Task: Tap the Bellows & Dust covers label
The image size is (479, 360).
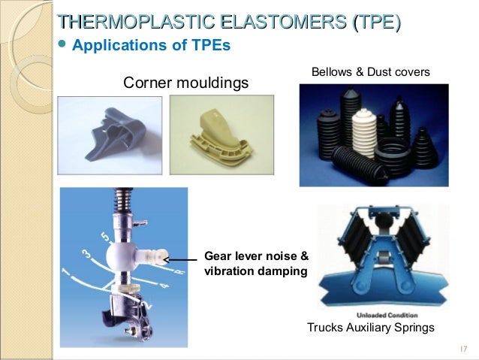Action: (370, 72)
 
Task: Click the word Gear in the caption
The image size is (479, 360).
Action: (218, 255)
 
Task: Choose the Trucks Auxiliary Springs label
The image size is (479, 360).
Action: (370, 328)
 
